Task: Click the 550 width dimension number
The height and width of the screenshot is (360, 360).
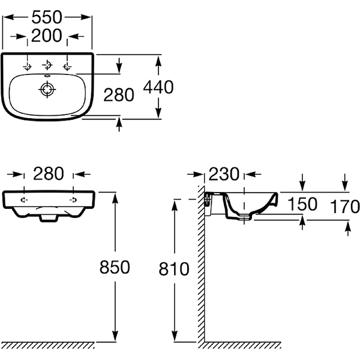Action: pyautogui.click(x=47, y=17)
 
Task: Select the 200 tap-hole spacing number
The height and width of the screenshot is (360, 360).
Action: pyautogui.click(x=47, y=35)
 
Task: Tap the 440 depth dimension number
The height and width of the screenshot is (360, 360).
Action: pyautogui.click(x=158, y=87)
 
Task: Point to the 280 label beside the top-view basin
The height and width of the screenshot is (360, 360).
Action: pyautogui.click(x=119, y=95)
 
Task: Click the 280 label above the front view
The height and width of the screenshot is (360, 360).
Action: pyautogui.click(x=49, y=173)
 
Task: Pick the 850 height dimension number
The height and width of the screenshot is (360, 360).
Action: pyautogui.click(x=115, y=267)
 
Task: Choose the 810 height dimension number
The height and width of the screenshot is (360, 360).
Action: pyautogui.click(x=174, y=269)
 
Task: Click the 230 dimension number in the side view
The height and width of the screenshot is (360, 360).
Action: pyautogui.click(x=224, y=174)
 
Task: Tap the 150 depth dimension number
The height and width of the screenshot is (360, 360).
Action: pyautogui.click(x=302, y=204)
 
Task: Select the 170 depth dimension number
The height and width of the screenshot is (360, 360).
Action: pyautogui.click(x=344, y=206)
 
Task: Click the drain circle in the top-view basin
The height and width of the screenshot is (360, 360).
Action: pyautogui.click(x=47, y=89)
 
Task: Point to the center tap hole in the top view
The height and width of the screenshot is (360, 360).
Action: pyautogui.click(x=47, y=65)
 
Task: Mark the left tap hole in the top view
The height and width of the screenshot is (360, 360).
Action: pyautogui.click(x=28, y=67)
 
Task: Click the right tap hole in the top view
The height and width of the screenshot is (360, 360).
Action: pyautogui.click(x=67, y=67)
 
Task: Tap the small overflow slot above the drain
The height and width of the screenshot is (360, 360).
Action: pyautogui.click(x=47, y=76)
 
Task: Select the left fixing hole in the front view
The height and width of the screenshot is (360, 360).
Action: pyautogui.click(x=24, y=200)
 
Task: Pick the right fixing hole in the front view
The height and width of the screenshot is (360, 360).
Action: pyautogui.click(x=73, y=200)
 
